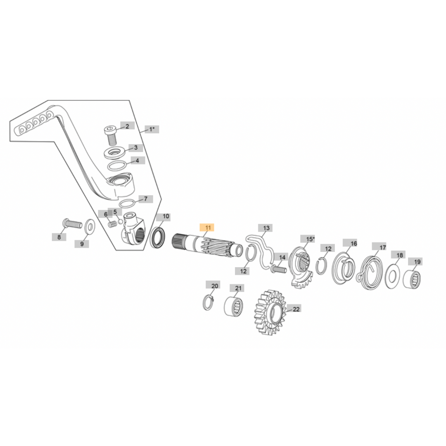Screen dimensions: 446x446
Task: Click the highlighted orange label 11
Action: pos(207,228)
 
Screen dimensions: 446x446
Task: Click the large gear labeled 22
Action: pos(268,312)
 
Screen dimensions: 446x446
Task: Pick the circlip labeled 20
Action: pos(209,303)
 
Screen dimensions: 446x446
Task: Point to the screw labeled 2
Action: pos(110,134)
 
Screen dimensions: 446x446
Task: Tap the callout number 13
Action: pos(266,228)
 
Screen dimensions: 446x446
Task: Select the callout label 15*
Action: pos(310,239)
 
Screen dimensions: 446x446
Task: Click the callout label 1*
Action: pos(152,129)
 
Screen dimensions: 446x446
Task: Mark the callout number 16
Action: pos(353,244)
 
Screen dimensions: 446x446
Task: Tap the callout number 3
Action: pos(135,147)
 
